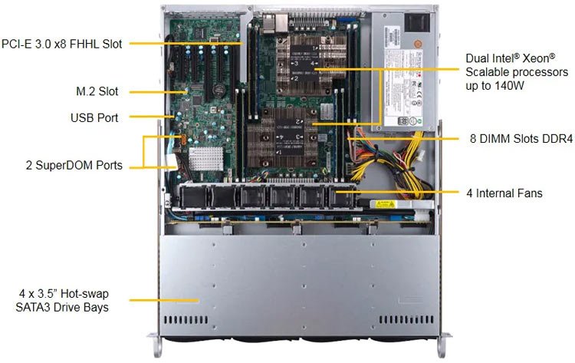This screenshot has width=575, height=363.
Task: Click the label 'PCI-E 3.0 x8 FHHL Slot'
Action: pos(61,44)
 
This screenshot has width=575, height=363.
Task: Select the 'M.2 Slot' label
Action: pos(97,91)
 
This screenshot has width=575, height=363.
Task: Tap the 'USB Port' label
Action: pos(94,118)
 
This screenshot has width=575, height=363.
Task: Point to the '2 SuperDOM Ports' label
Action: pos(74,165)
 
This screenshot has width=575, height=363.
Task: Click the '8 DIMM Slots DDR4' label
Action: pos(521,139)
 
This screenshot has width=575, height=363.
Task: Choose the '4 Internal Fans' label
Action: pos(504,193)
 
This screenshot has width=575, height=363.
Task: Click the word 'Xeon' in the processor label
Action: pos(538,58)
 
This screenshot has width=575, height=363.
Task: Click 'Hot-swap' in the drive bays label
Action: pos(84,294)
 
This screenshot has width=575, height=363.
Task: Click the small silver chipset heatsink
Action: pos(205,159)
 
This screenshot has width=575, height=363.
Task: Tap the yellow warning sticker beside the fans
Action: pos(385,204)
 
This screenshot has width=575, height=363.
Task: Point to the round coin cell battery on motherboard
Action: pos(219,89)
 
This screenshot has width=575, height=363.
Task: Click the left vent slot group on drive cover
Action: pos(186,320)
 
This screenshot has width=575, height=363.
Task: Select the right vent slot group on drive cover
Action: pos(406,319)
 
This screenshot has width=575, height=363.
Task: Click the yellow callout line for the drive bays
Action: pos(164,300)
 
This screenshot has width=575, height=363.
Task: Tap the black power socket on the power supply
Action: pos(416,22)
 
